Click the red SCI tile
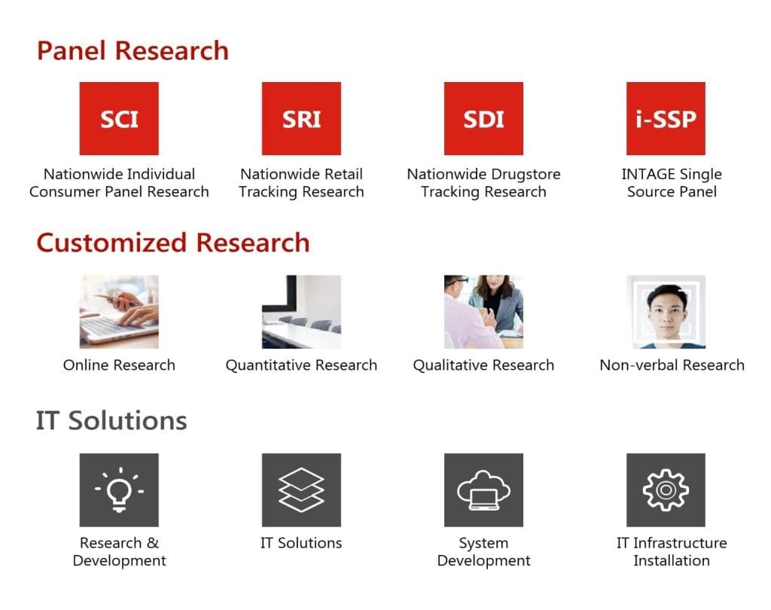click(119, 118)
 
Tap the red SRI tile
click(301, 118)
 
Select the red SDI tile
click(484, 118)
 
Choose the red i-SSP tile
click(666, 118)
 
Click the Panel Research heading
click(133, 50)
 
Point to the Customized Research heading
click(173, 242)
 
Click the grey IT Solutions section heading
click(111, 421)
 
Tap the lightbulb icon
click(119, 490)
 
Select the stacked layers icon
click(301, 490)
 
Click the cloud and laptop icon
click(484, 490)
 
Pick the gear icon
click(666, 490)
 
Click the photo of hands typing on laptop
click(119, 312)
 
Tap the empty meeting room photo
click(301, 312)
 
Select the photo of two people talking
click(484, 312)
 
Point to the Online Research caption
click(119, 365)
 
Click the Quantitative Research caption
click(301, 365)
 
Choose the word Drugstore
click(526, 174)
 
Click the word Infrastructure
click(680, 543)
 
